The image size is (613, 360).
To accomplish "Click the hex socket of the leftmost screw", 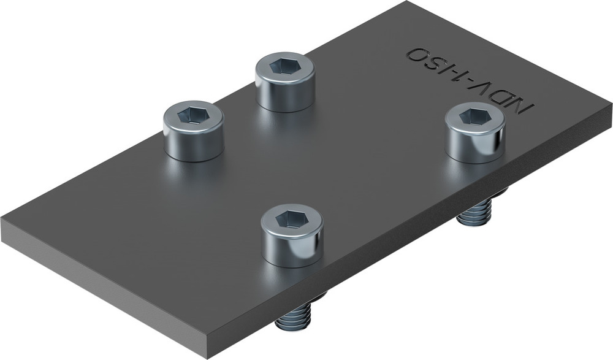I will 192,114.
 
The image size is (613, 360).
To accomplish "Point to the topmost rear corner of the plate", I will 406,2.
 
